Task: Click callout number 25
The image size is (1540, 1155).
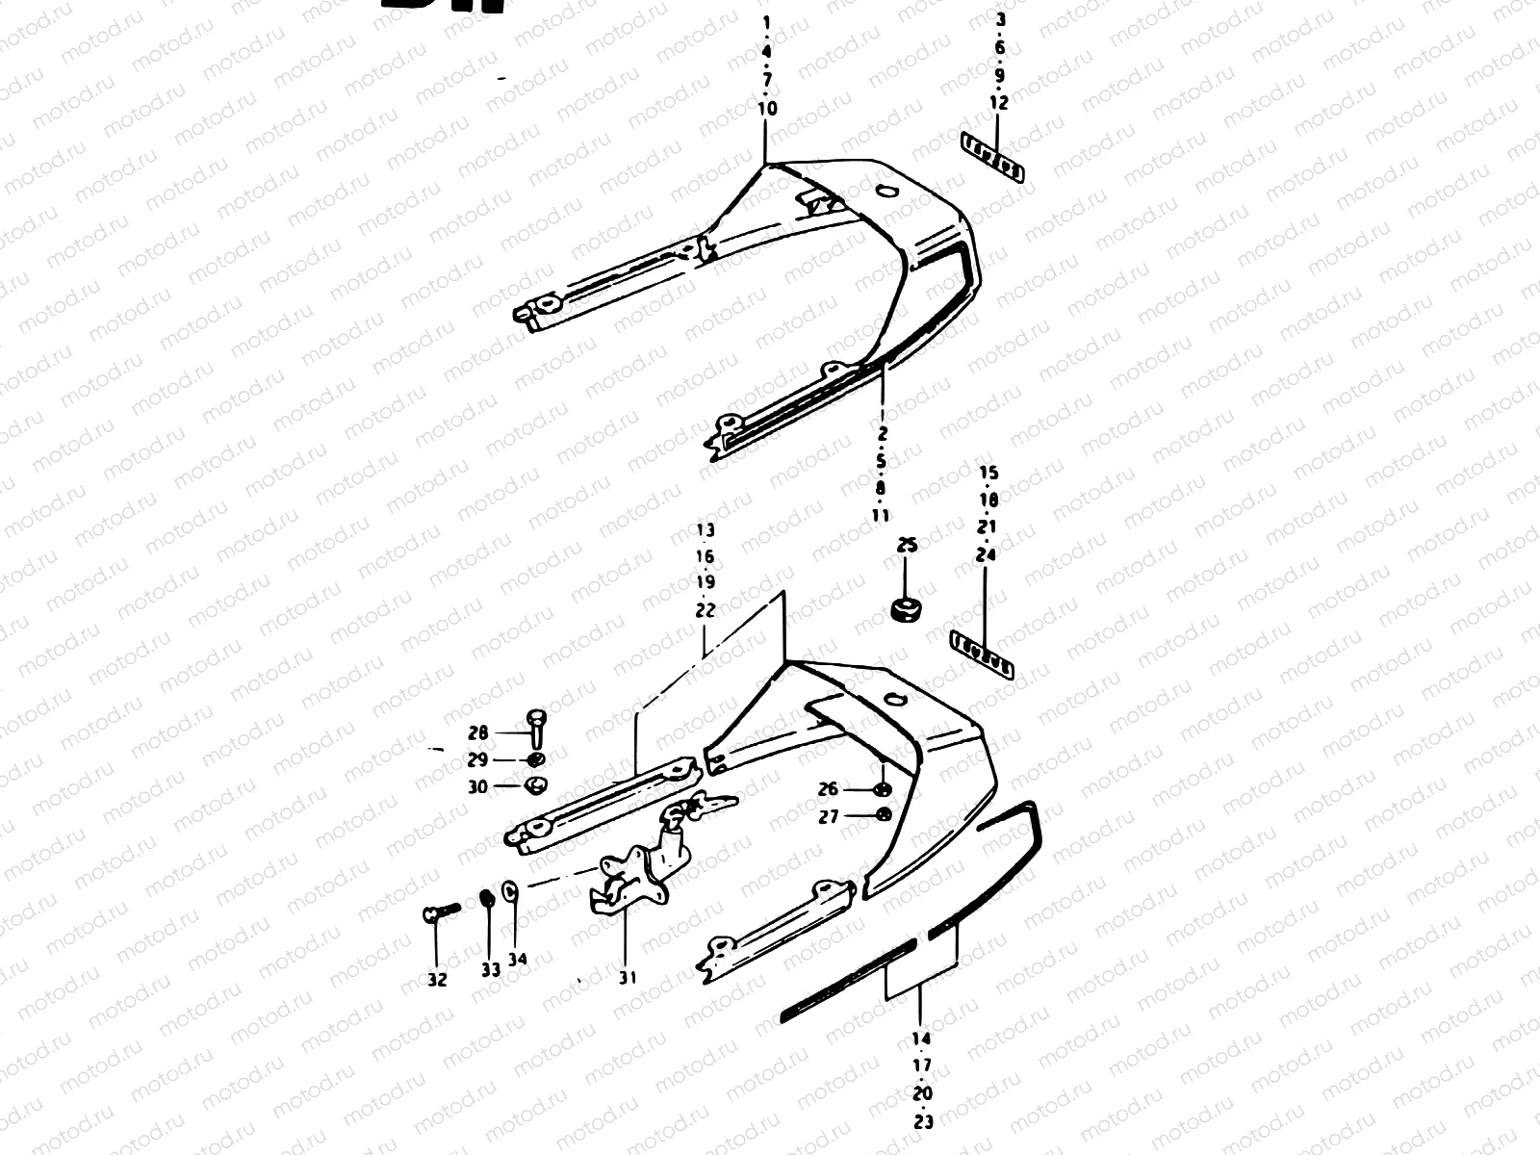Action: pos(907,546)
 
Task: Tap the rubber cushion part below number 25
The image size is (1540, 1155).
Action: pos(906,609)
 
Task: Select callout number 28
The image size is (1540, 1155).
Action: pos(477,732)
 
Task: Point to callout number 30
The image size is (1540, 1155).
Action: pos(477,786)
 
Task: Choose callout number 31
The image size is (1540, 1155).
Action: pos(628,978)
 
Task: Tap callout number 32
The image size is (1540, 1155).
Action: pos(437,981)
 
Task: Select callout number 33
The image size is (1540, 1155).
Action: pos(491,970)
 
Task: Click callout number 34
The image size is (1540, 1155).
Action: pos(518,959)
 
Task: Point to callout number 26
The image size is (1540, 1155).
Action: pos(828,789)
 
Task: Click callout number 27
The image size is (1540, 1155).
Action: pos(828,816)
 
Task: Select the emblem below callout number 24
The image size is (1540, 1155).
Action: pos(983,655)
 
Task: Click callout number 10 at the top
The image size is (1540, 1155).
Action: pos(767,109)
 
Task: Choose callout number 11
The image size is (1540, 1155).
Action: pos(881,515)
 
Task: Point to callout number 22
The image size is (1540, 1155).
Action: pos(706,609)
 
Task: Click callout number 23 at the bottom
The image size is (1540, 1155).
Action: pos(923,1120)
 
